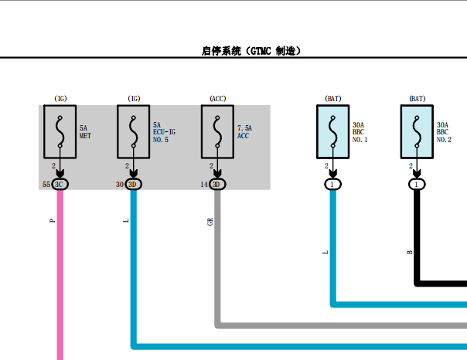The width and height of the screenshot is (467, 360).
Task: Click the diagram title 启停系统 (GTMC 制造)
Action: [x=251, y=51]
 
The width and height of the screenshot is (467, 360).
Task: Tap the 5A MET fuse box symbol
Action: [x=60, y=131]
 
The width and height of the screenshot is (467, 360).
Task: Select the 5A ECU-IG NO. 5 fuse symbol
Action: [x=134, y=131]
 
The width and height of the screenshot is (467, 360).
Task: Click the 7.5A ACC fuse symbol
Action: [x=217, y=131]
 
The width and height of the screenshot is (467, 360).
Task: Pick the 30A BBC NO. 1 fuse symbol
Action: [x=333, y=131]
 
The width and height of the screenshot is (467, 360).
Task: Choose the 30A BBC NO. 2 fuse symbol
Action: [x=417, y=131]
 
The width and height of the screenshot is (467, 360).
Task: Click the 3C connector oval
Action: [x=60, y=185]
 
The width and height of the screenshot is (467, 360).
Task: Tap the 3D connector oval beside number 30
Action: [x=134, y=185]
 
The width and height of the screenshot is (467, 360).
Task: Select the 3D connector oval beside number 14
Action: [x=217, y=185]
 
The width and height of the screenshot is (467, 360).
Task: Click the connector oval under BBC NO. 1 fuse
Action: [x=333, y=185]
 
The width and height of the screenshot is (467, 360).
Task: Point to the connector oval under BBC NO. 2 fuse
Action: [x=417, y=185]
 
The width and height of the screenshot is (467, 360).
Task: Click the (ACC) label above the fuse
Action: [x=218, y=98]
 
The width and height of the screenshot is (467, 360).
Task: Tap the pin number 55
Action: [x=46, y=185]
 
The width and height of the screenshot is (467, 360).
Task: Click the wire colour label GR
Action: [x=210, y=222]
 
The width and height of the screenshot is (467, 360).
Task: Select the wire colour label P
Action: [x=52, y=220]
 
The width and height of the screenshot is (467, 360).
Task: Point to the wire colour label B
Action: [x=410, y=253]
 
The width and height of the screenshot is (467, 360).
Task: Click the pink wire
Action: [x=60, y=275]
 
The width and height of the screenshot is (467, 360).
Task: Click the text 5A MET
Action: [x=85, y=132]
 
